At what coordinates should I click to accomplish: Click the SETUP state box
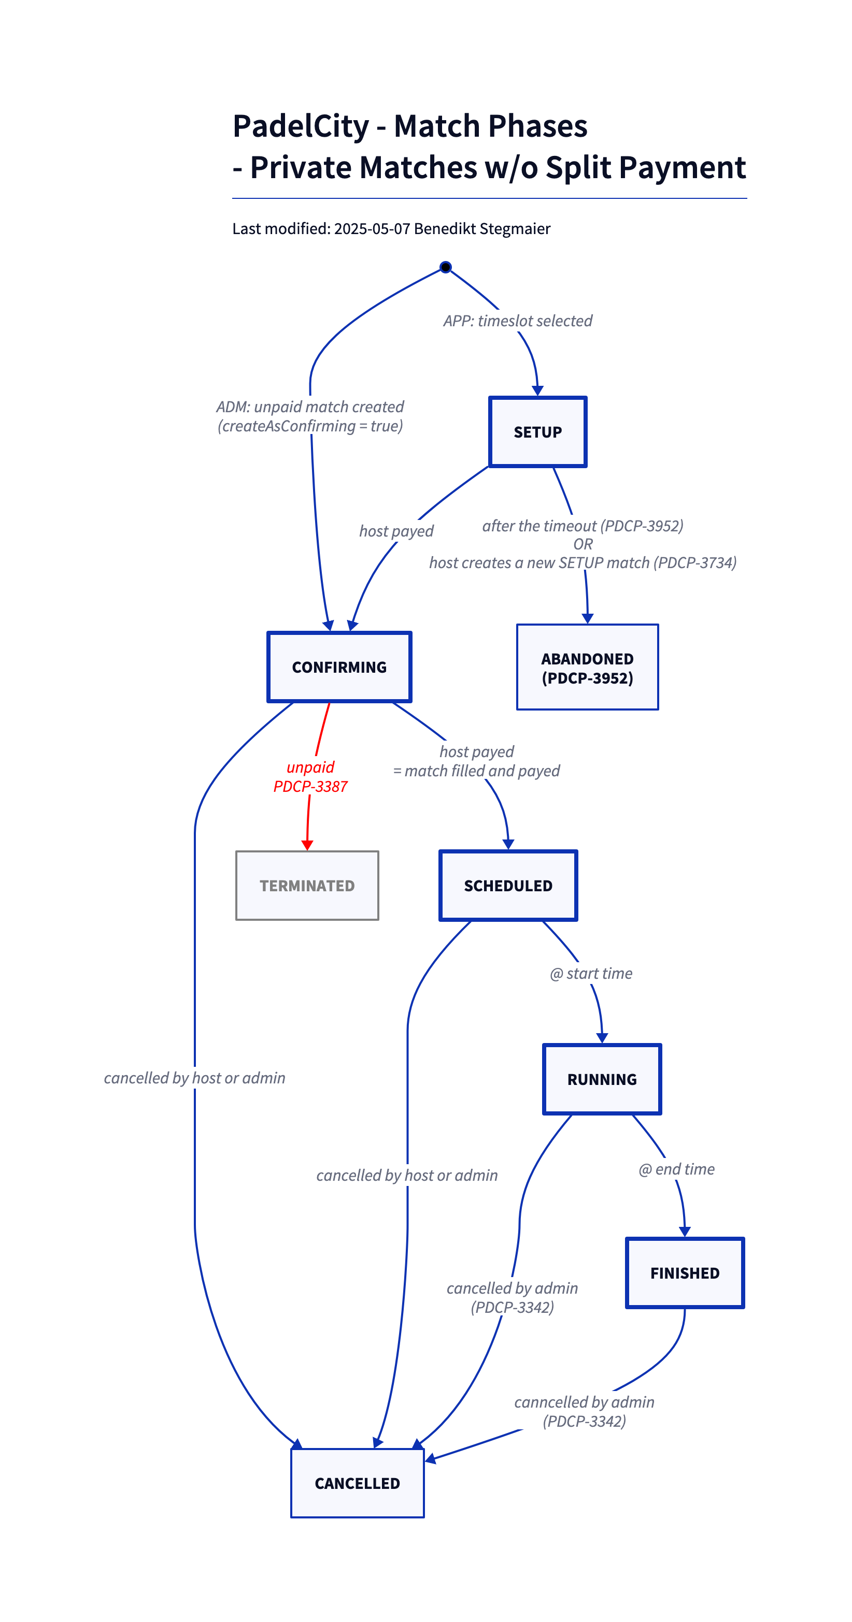(x=537, y=432)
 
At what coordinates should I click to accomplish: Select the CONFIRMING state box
(x=339, y=667)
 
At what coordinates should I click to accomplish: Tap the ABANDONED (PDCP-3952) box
(x=587, y=668)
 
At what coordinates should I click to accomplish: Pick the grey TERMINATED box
(x=307, y=885)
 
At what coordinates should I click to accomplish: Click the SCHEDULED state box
(x=508, y=885)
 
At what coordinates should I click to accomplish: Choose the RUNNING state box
(x=602, y=1079)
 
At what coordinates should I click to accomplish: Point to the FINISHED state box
(x=685, y=1273)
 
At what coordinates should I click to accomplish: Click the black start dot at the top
(x=446, y=267)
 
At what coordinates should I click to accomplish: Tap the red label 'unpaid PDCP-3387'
(x=310, y=776)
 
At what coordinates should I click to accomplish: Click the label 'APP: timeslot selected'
(x=517, y=321)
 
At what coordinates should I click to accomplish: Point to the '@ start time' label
(x=591, y=974)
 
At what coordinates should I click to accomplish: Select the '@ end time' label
(x=676, y=1169)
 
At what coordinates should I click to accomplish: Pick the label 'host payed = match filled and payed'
(x=476, y=761)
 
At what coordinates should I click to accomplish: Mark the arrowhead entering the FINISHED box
(x=685, y=1232)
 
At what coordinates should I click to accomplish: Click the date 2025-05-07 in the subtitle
(x=372, y=228)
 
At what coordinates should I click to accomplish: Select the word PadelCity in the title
(x=301, y=126)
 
